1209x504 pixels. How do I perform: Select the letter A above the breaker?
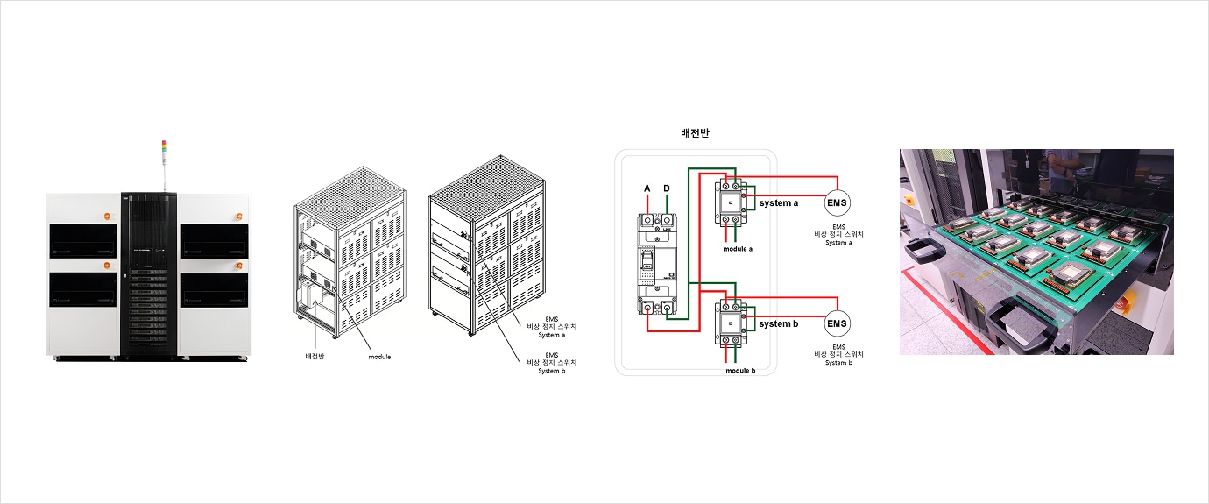click(x=647, y=188)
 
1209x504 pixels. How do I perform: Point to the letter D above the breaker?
click(x=668, y=188)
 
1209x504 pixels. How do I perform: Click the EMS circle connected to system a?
click(x=838, y=203)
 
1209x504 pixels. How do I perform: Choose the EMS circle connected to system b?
click(x=838, y=323)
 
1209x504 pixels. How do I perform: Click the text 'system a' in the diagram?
click(x=779, y=203)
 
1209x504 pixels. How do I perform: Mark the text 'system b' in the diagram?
click(x=779, y=323)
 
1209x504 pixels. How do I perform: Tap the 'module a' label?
click(x=739, y=249)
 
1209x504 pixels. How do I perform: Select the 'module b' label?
click(x=740, y=371)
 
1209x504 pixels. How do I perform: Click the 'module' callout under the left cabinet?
click(x=379, y=357)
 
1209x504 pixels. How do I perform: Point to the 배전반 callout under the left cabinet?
click(x=315, y=357)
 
